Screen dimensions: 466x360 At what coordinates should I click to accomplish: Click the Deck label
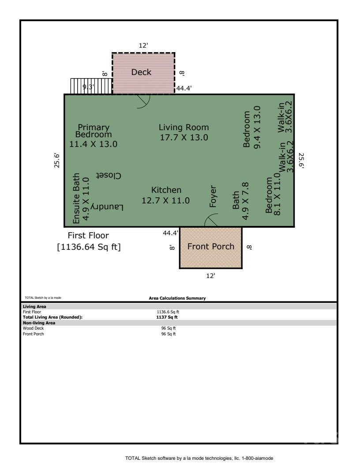[141, 72]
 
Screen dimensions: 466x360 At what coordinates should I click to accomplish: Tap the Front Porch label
[211, 246]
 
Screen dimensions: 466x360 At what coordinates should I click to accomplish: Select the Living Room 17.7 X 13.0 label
[184, 132]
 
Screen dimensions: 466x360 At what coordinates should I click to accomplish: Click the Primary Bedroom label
[93, 135]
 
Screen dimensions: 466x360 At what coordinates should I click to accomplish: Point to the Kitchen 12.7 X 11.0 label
[166, 195]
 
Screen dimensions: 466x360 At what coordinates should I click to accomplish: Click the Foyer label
[214, 196]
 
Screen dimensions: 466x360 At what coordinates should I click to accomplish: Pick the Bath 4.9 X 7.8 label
[241, 201]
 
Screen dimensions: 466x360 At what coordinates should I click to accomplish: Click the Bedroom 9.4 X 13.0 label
[253, 127]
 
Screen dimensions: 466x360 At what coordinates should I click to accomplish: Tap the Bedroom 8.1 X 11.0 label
[273, 194]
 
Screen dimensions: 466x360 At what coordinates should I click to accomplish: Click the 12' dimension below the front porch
[211, 276]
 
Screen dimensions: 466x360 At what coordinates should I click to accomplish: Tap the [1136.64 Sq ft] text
[89, 247]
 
